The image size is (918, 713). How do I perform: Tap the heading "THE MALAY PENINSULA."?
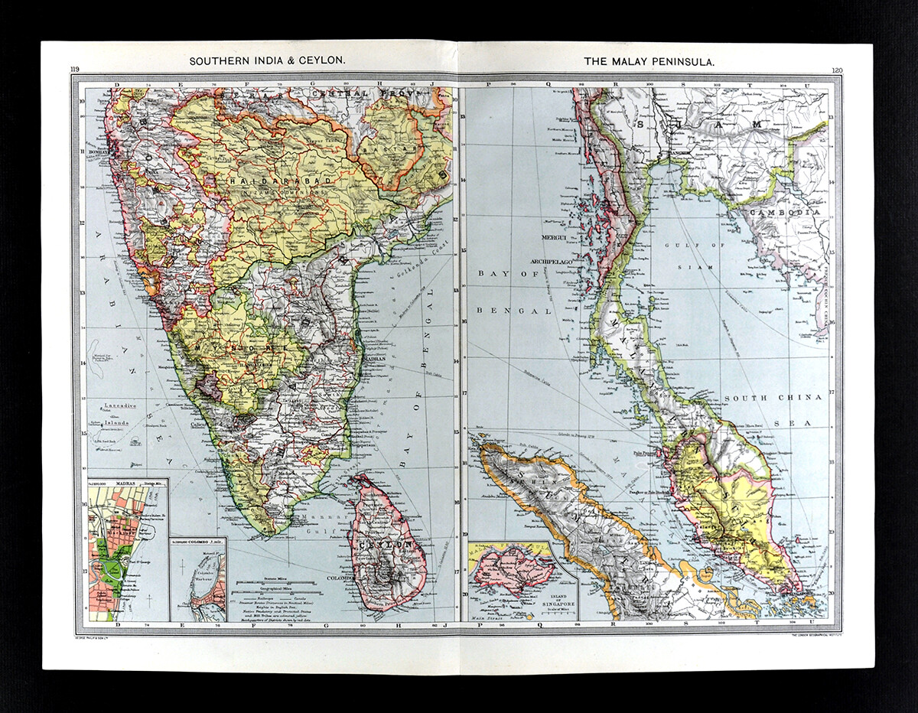click(649, 60)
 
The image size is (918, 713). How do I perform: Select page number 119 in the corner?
click(75, 70)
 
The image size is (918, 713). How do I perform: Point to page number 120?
click(836, 70)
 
